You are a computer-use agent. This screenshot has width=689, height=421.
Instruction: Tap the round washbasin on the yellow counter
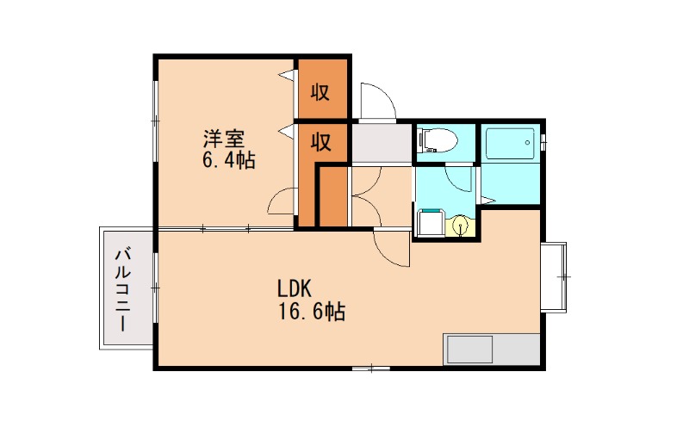pyautogui.click(x=462, y=226)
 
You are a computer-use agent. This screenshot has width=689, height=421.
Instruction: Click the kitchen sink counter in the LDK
pyautogui.click(x=492, y=350)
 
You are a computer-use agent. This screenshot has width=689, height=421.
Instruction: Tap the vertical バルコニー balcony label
pyautogui.click(x=122, y=288)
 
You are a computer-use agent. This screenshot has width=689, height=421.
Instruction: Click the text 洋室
pyautogui.click(x=224, y=139)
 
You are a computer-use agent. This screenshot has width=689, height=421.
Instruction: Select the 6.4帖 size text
pyautogui.click(x=228, y=160)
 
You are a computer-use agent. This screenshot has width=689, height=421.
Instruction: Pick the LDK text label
pyautogui.click(x=299, y=288)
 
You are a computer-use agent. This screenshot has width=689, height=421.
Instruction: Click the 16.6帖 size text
pyautogui.click(x=311, y=312)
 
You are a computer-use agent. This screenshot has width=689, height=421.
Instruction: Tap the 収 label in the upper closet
pyautogui.click(x=321, y=92)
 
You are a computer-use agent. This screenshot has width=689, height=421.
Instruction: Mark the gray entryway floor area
pyautogui.click(x=381, y=143)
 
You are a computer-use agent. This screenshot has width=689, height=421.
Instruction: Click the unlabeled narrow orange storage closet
pyautogui.click(x=333, y=197)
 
